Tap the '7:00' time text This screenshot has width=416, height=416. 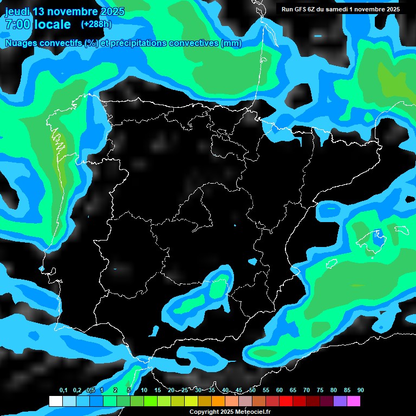[17, 24]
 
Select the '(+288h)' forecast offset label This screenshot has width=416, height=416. [96, 24]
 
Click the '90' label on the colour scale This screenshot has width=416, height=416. [360, 391]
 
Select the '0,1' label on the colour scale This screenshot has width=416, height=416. [63, 391]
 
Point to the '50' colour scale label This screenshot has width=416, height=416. [252, 391]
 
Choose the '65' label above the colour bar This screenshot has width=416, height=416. [293, 391]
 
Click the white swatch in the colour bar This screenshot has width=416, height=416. [55, 401]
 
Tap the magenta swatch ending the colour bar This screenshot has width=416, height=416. [354, 401]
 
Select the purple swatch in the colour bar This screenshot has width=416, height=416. [340, 401]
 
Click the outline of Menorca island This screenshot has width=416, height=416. [401, 229]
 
